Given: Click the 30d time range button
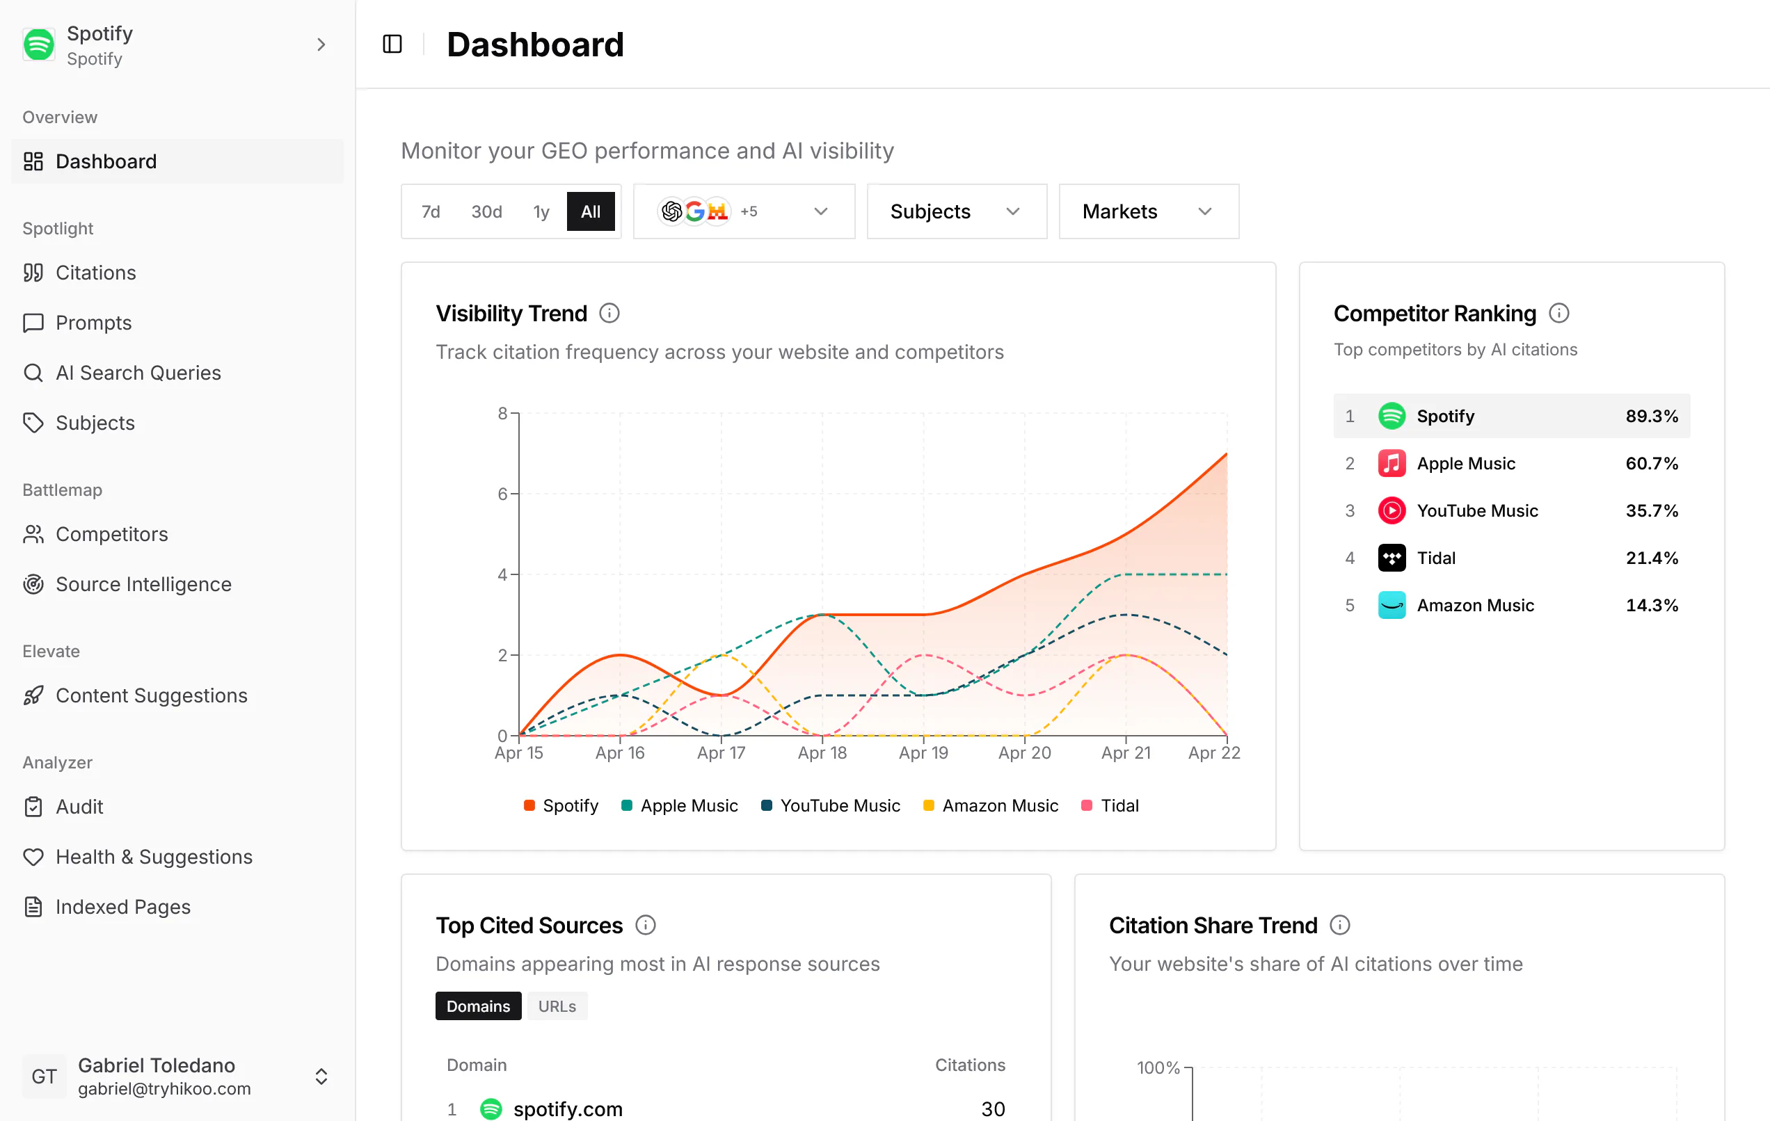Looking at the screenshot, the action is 486,211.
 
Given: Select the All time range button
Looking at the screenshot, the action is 591,211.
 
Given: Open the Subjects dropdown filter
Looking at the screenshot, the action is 956,211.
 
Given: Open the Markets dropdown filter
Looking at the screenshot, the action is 1149,211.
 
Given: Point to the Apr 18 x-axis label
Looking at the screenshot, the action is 822,753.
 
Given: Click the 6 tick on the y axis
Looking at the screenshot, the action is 503,494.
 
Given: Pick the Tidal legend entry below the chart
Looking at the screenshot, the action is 1110,806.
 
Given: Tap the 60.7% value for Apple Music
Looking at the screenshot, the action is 1652,464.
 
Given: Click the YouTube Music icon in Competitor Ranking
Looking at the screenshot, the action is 1392,510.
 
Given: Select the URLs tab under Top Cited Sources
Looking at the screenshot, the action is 557,1006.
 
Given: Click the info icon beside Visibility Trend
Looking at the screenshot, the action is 609,314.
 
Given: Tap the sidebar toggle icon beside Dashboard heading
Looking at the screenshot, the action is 392,44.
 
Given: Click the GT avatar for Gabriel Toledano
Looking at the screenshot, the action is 44,1077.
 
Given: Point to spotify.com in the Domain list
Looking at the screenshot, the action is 568,1109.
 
